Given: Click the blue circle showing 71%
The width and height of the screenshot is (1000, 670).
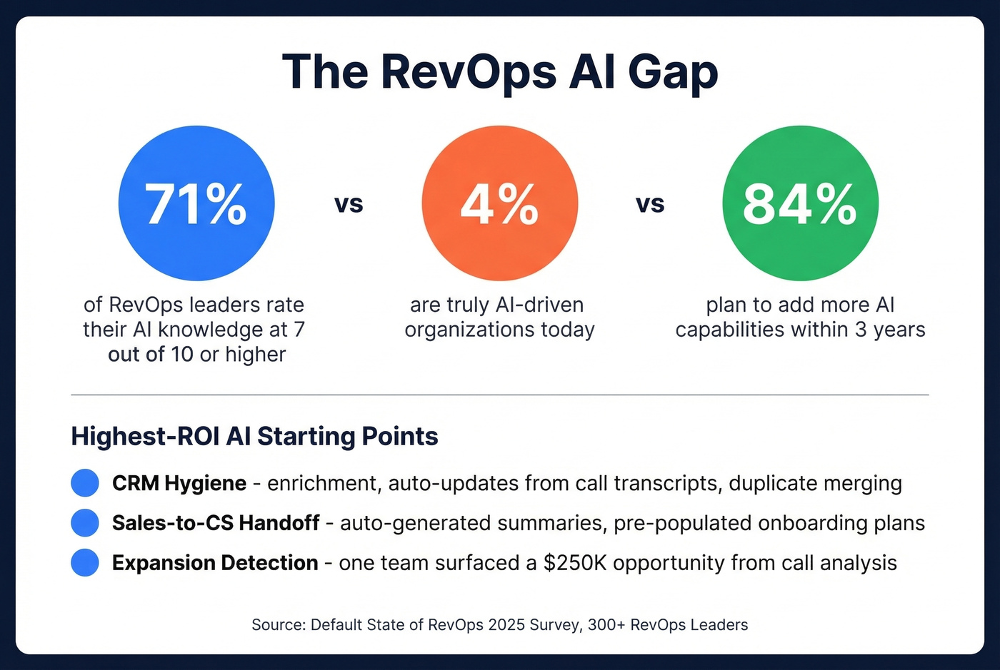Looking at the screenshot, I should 196,203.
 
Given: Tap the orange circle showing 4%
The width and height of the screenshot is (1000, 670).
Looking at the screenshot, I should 499,203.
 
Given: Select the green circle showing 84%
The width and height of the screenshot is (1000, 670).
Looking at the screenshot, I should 800,203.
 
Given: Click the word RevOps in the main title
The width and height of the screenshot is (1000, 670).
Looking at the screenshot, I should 468,71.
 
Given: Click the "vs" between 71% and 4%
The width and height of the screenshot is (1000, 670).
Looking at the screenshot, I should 349,205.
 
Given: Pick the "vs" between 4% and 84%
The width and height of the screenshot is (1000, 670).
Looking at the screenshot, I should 650,205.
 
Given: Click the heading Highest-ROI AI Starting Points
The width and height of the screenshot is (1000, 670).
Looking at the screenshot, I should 254,436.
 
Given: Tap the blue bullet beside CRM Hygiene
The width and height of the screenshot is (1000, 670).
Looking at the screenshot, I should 85,483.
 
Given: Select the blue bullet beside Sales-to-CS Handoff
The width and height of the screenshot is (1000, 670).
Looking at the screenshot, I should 85,523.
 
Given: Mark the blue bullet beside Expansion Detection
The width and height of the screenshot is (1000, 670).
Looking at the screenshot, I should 85,563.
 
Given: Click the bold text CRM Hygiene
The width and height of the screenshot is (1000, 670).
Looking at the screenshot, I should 179,483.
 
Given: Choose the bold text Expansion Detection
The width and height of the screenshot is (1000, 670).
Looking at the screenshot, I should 215,563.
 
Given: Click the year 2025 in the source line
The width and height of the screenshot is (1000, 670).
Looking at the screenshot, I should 506,625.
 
